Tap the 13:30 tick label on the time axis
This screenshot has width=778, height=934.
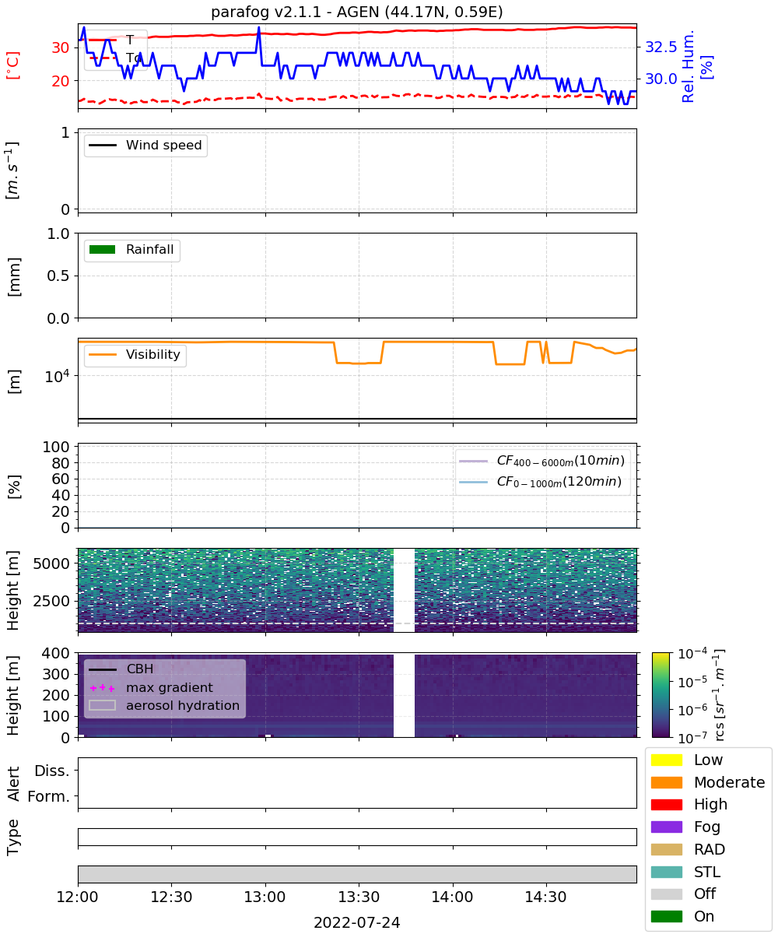(x=358, y=897)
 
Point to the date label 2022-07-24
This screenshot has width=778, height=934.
(x=356, y=922)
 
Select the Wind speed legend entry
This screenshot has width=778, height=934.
(x=145, y=145)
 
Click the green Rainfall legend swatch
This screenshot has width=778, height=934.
(x=103, y=249)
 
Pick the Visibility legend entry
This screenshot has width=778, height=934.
(x=134, y=354)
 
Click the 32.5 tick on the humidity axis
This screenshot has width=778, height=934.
(x=661, y=47)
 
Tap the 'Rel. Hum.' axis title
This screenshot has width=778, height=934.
(x=688, y=66)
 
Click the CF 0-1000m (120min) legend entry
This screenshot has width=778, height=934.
(x=540, y=481)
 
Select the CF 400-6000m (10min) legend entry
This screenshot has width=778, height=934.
(x=541, y=460)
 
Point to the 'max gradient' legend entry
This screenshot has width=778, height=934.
(x=151, y=687)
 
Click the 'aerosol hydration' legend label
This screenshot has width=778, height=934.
(x=182, y=705)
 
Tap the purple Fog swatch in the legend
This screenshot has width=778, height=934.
(x=666, y=827)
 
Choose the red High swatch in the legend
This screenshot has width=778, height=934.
(x=666, y=804)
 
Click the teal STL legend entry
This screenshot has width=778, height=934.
(x=685, y=872)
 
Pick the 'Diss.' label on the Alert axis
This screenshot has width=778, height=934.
(x=52, y=771)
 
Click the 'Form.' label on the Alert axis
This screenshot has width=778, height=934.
(x=49, y=796)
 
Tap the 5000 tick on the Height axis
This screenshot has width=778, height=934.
(x=51, y=564)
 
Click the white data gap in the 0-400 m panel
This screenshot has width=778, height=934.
(x=404, y=694)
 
